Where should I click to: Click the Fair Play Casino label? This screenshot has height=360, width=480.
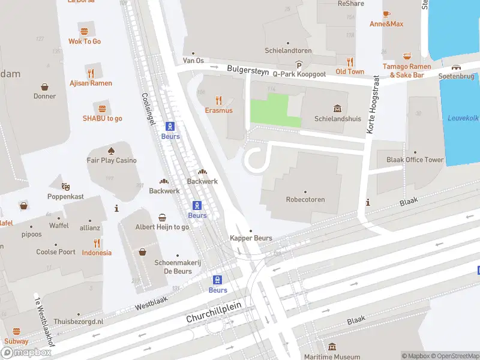click(112, 160)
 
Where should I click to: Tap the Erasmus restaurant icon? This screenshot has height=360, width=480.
click(218, 101)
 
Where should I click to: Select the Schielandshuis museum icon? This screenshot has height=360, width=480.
click(337, 109)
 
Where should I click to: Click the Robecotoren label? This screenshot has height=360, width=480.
click(305, 200)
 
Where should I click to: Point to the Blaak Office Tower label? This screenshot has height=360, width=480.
click(415, 160)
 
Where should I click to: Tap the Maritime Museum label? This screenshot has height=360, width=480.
click(332, 356)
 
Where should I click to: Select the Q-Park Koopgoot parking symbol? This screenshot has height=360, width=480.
click(298, 65)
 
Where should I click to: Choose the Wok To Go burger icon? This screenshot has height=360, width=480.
click(84, 31)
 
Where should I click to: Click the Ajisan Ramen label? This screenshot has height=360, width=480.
click(91, 83)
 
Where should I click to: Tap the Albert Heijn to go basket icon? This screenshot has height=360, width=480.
click(162, 217)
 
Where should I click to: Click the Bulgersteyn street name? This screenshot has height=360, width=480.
click(248, 70)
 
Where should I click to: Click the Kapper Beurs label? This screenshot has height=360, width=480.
click(251, 238)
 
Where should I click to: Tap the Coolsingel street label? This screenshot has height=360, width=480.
click(149, 108)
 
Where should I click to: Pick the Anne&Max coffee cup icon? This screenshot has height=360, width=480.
click(386, 14)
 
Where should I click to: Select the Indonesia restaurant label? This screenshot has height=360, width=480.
click(97, 253)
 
